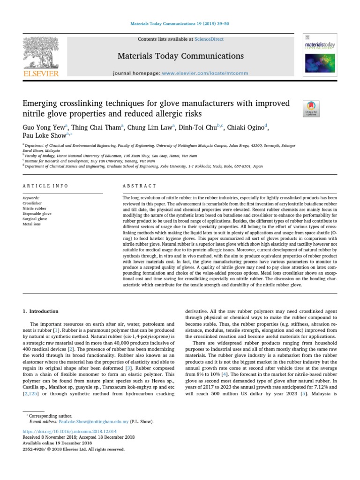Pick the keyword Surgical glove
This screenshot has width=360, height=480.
(35, 219)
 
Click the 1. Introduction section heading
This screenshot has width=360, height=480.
(41, 311)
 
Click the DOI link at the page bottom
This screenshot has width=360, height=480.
(69, 431)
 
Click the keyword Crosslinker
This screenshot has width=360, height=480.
(32, 203)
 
